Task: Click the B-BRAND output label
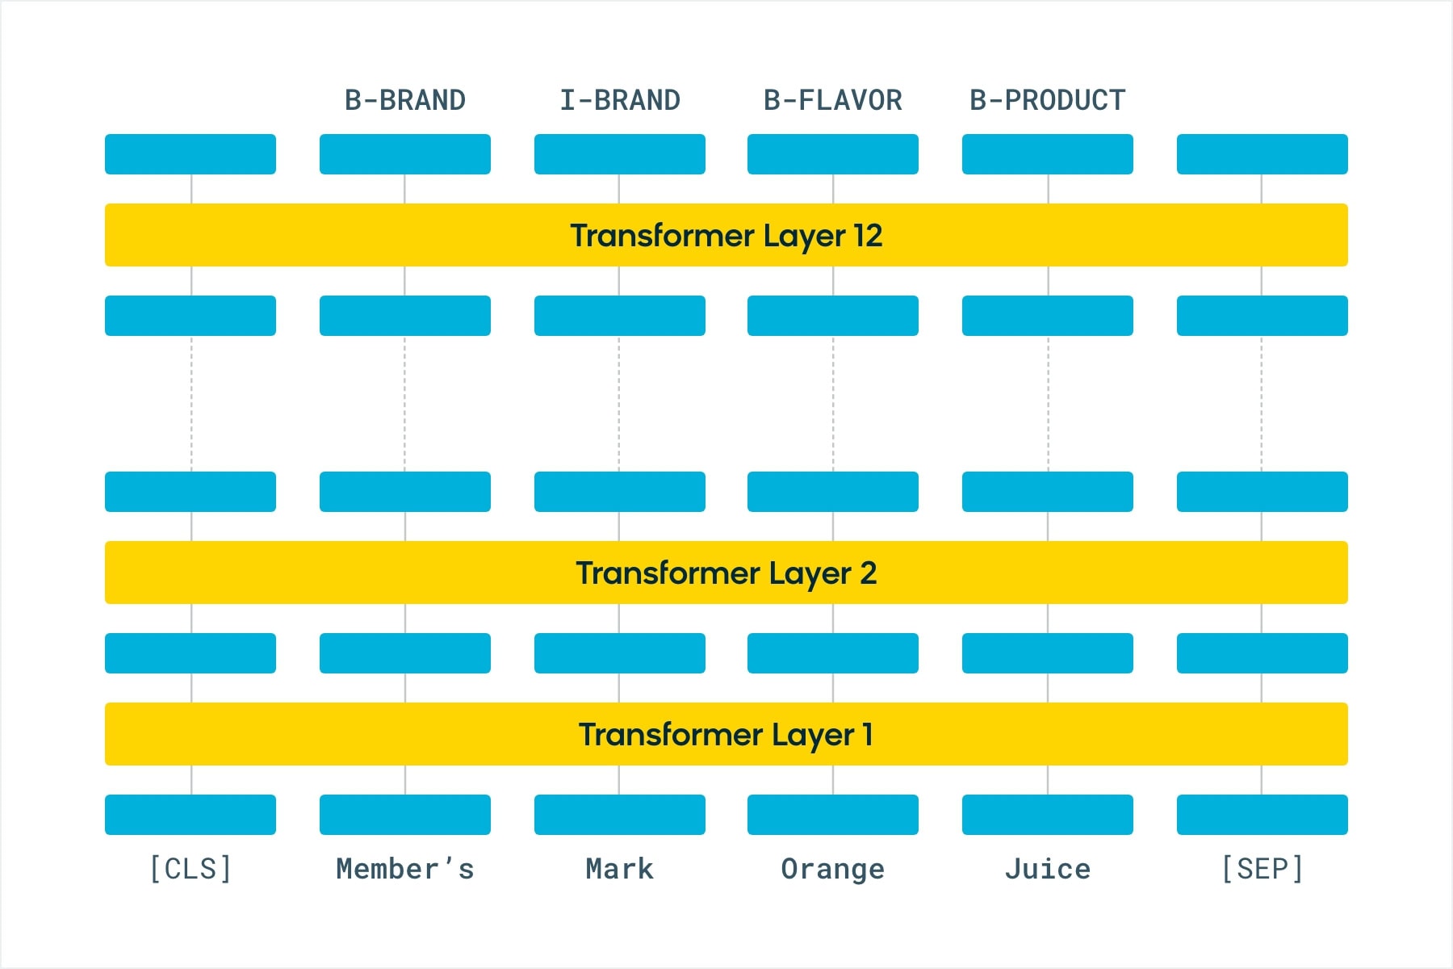coord(405,100)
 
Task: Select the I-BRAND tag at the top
coord(620,100)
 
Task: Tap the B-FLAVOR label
coord(833,100)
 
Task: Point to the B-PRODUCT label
coord(1048,100)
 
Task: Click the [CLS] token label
coord(191,869)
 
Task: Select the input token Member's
coord(405,869)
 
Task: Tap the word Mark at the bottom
coord(620,869)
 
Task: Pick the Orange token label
coord(833,870)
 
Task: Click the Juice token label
coord(1048,869)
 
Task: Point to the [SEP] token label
coord(1262,869)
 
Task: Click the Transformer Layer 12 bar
coord(726,235)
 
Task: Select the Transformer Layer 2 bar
coord(726,573)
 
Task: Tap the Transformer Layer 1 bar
coord(726,734)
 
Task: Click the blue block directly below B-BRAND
coord(405,154)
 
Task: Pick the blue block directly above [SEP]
coord(1262,815)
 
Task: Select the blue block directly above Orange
coord(833,815)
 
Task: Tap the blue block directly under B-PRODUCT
coord(1048,154)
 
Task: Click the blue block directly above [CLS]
coord(191,815)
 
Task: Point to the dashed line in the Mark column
coord(619,404)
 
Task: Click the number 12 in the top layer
coord(868,235)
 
